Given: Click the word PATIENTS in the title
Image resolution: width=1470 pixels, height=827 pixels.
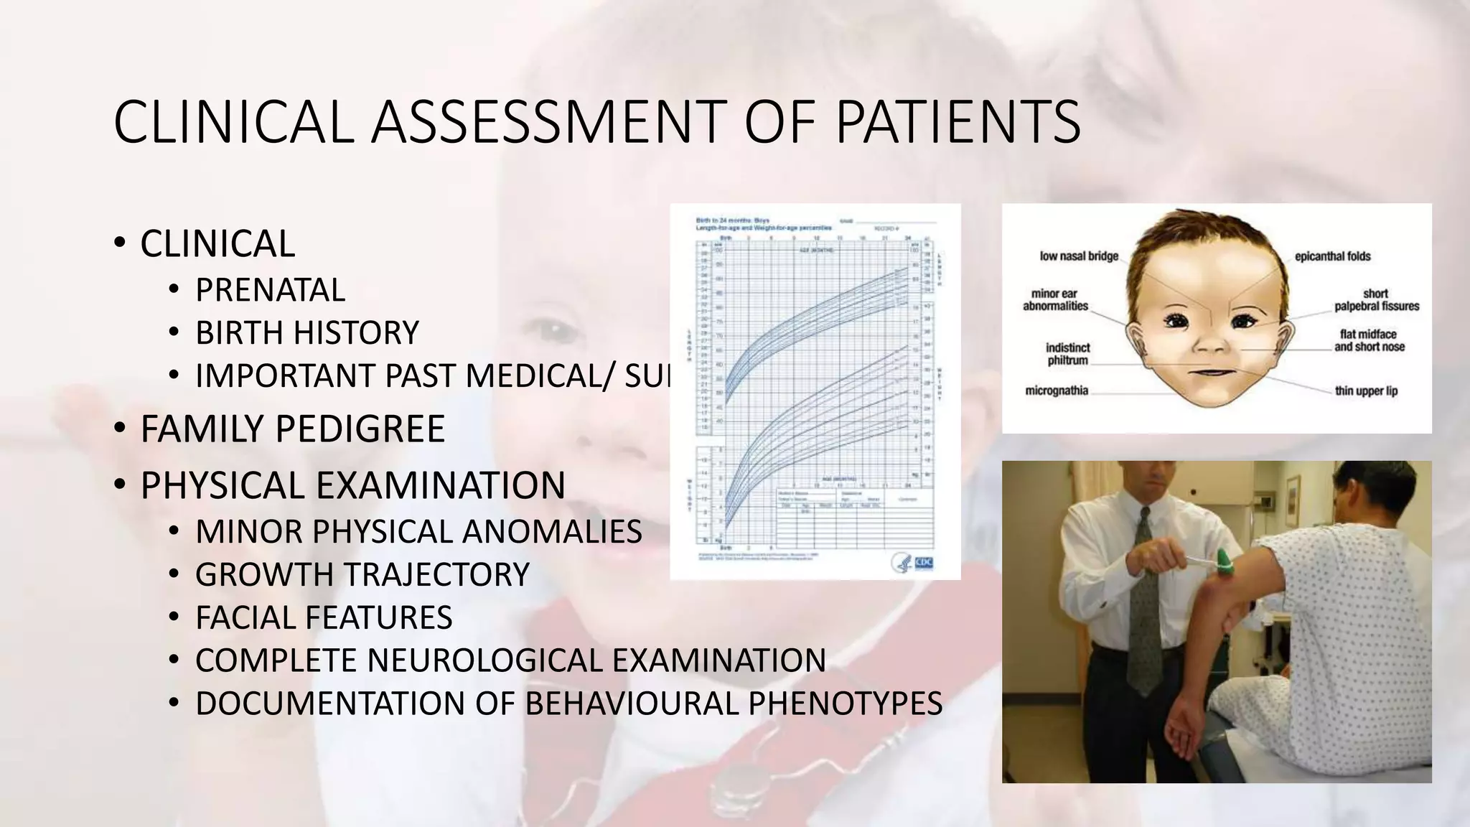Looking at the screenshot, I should point(958,122).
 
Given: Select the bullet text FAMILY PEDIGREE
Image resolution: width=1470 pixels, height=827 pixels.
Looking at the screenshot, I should point(292,429).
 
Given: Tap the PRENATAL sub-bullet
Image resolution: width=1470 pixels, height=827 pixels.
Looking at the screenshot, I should point(270,290).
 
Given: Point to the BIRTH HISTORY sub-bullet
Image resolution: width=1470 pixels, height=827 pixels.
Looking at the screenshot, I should point(306,333).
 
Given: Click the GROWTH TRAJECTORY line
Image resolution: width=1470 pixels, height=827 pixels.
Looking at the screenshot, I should point(362,574).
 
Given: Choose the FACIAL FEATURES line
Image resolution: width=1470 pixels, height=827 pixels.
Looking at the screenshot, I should point(324,617).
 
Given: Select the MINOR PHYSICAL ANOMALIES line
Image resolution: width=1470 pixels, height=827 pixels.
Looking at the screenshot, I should point(418,532).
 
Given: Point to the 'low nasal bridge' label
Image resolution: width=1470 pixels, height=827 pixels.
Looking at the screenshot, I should point(1079,256).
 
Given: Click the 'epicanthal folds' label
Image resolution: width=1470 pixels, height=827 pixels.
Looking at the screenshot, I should point(1332,256).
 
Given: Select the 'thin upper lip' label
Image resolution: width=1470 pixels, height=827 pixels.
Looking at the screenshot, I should point(1366,391).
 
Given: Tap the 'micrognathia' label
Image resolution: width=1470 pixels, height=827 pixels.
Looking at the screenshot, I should point(1057,391).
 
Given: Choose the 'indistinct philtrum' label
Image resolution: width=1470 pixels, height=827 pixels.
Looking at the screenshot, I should point(1067,354).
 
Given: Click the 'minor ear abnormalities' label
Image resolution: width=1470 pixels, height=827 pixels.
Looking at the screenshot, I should point(1055,300).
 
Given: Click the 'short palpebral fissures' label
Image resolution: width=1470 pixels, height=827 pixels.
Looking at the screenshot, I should point(1376,300).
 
